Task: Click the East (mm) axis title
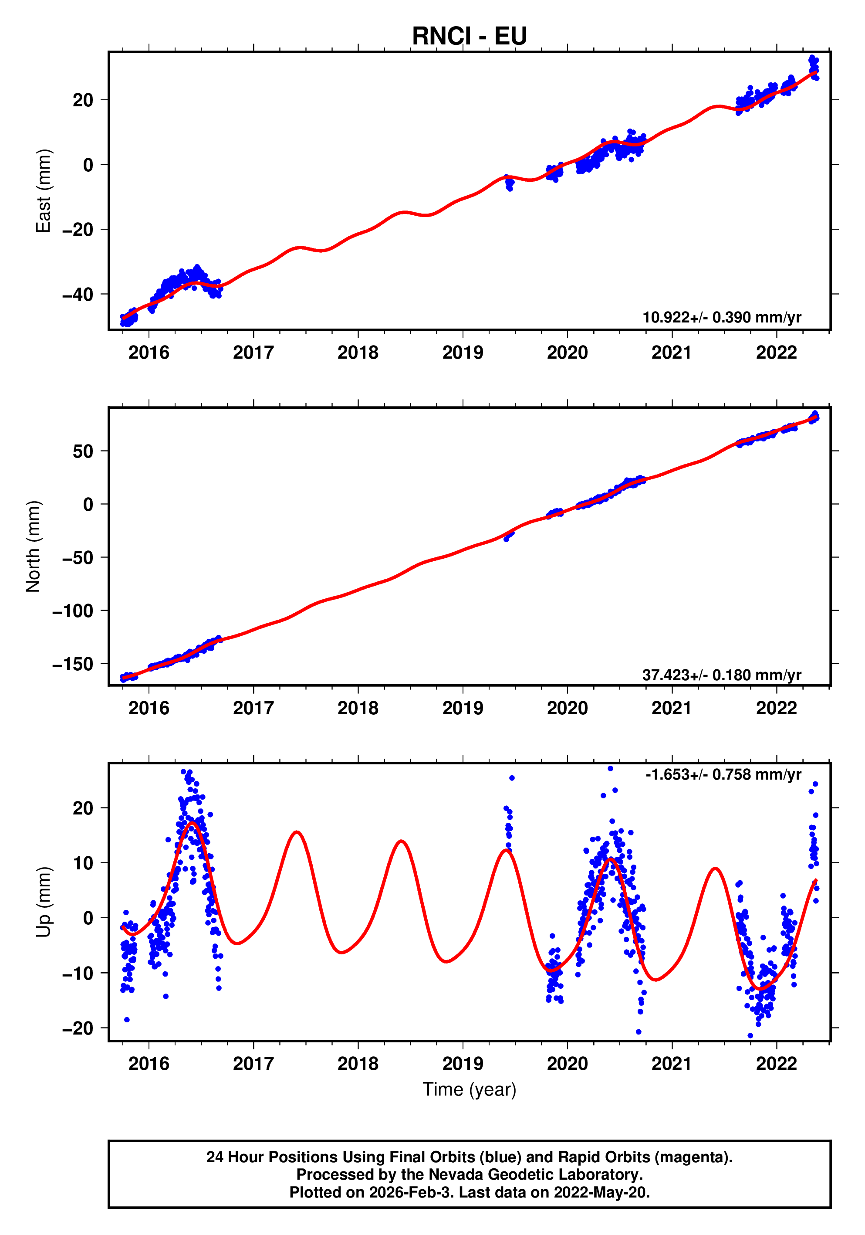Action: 44,191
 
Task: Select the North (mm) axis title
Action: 34,546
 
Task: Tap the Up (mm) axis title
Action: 44,902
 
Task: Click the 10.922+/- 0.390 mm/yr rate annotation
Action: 721,317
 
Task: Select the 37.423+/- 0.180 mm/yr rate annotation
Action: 721,675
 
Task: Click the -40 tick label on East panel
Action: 78,295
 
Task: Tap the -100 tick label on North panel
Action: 73,611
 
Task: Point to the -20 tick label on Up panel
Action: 78,1028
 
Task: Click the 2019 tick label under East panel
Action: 463,353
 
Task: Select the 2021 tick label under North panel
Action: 672,709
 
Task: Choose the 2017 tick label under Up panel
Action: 253,1064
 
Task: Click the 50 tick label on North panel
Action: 83,451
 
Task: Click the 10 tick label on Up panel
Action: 83,863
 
